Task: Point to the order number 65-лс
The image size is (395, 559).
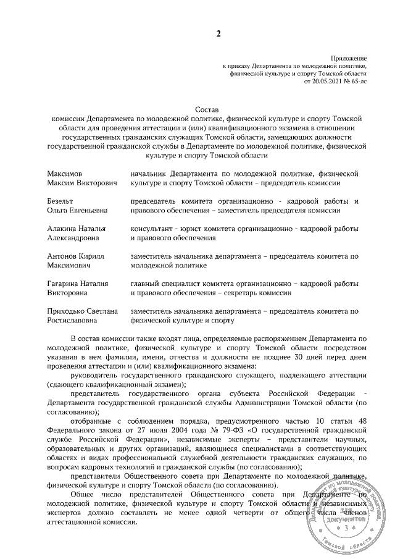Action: tap(359, 81)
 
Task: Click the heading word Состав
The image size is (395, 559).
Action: tap(199, 107)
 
